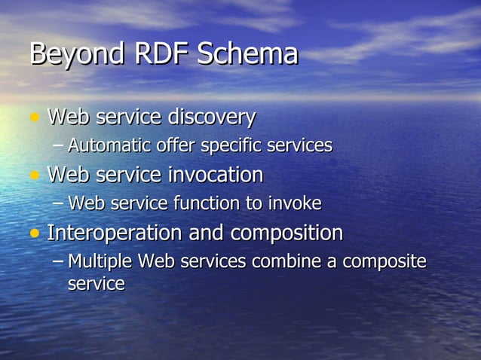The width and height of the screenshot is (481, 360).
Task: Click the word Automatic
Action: point(105,145)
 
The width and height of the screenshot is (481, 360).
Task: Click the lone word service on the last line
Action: point(96,285)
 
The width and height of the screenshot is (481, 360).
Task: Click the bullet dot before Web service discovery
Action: point(34,118)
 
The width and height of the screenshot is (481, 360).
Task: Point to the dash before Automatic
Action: point(59,146)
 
